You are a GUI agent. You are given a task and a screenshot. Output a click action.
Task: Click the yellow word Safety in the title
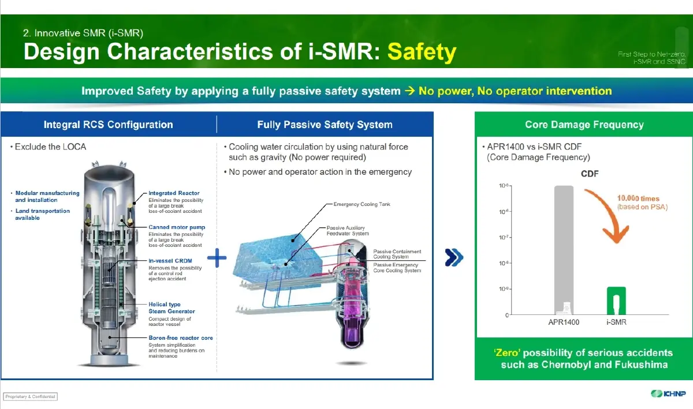tap(422, 52)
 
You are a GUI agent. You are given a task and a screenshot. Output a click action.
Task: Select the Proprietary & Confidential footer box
tap(31, 396)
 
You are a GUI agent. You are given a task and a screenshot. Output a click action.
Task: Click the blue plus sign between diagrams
tap(217, 258)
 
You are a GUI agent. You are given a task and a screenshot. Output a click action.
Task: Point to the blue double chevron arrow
tap(454, 258)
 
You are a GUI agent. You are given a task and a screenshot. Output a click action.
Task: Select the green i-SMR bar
tap(616, 300)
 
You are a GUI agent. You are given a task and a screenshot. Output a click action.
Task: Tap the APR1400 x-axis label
tap(564, 322)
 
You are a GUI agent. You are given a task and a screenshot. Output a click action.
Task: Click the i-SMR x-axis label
tap(616, 322)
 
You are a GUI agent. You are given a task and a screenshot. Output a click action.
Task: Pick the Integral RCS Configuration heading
tap(108, 125)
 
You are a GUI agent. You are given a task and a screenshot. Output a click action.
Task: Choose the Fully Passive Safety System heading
tap(325, 125)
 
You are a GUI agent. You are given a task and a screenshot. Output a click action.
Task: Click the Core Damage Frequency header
tap(584, 125)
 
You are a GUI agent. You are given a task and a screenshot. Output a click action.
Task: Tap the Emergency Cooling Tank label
tap(362, 204)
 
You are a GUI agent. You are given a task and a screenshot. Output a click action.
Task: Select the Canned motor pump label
tap(177, 227)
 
